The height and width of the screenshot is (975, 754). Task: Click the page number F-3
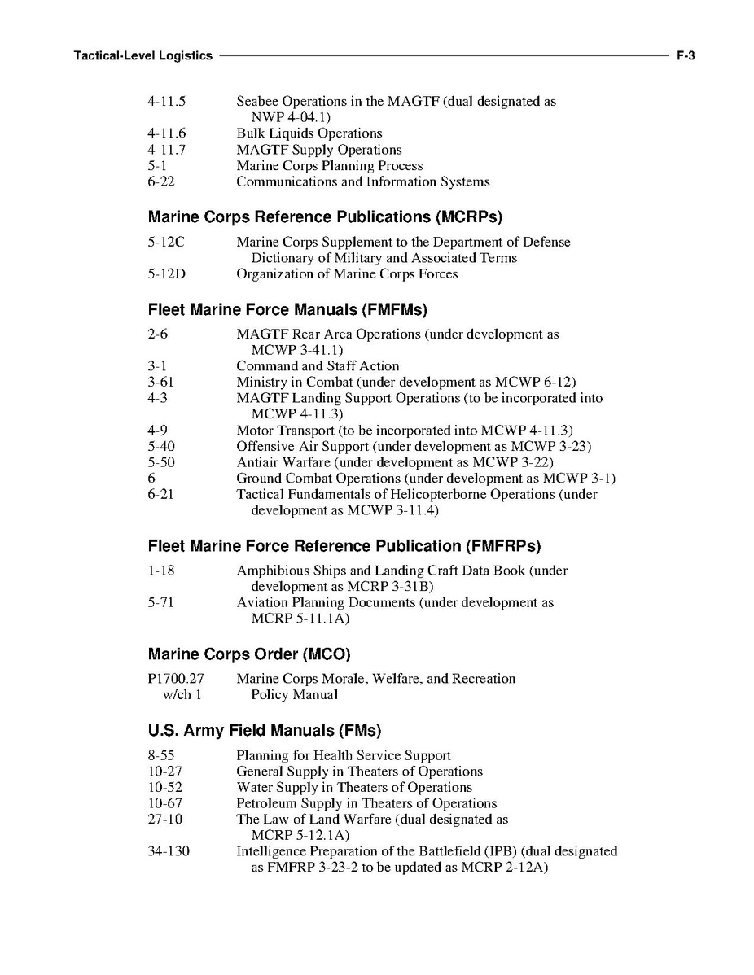(x=684, y=56)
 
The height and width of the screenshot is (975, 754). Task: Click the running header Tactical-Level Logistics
(x=142, y=56)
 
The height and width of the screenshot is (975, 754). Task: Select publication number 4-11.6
(x=167, y=133)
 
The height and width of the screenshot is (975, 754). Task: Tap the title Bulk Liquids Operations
(x=309, y=133)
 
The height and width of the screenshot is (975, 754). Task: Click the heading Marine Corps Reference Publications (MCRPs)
(x=325, y=217)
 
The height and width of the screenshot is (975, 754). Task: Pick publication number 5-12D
(x=167, y=274)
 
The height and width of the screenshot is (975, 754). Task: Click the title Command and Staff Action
(x=318, y=366)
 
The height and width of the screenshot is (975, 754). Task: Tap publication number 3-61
(x=161, y=383)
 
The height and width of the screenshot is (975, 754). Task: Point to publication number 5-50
(x=161, y=462)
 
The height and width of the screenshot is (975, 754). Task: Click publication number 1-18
(x=161, y=571)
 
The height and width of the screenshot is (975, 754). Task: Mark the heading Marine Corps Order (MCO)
(x=249, y=654)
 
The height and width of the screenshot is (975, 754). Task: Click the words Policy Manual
(x=294, y=695)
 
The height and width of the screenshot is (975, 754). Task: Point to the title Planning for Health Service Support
(x=344, y=756)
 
